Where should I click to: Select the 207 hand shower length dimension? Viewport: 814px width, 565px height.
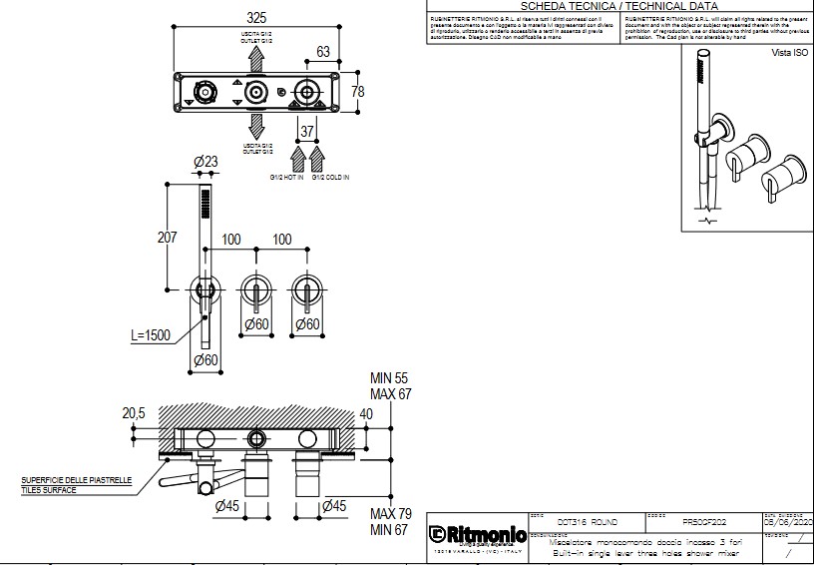[x=168, y=238]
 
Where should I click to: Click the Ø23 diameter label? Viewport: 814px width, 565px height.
[x=206, y=162]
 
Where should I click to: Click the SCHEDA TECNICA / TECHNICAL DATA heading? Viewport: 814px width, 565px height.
[x=619, y=6]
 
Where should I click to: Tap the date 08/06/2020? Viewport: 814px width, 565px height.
[x=788, y=522]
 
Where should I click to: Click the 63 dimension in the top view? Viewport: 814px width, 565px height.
[x=323, y=52]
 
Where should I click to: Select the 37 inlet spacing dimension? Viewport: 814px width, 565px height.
[x=308, y=132]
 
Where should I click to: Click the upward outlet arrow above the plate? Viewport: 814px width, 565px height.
[x=256, y=57]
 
